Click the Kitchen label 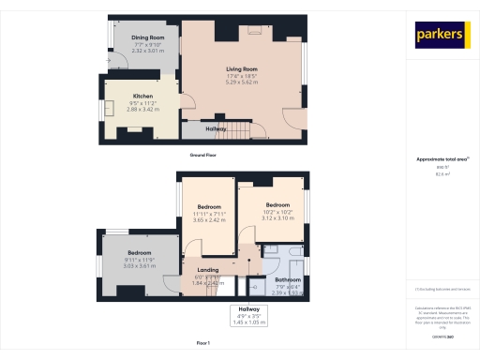pyautogui.click(x=142, y=96)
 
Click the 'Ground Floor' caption pyautogui.click(x=202, y=153)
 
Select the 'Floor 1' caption pyautogui.click(x=202, y=344)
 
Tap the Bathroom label pyautogui.click(x=288, y=280)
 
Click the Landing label pyautogui.click(x=207, y=270)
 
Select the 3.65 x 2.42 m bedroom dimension pyautogui.click(x=209, y=219)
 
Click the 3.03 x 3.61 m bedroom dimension pyautogui.click(x=139, y=265)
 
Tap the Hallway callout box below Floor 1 pyautogui.click(x=248, y=315)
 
